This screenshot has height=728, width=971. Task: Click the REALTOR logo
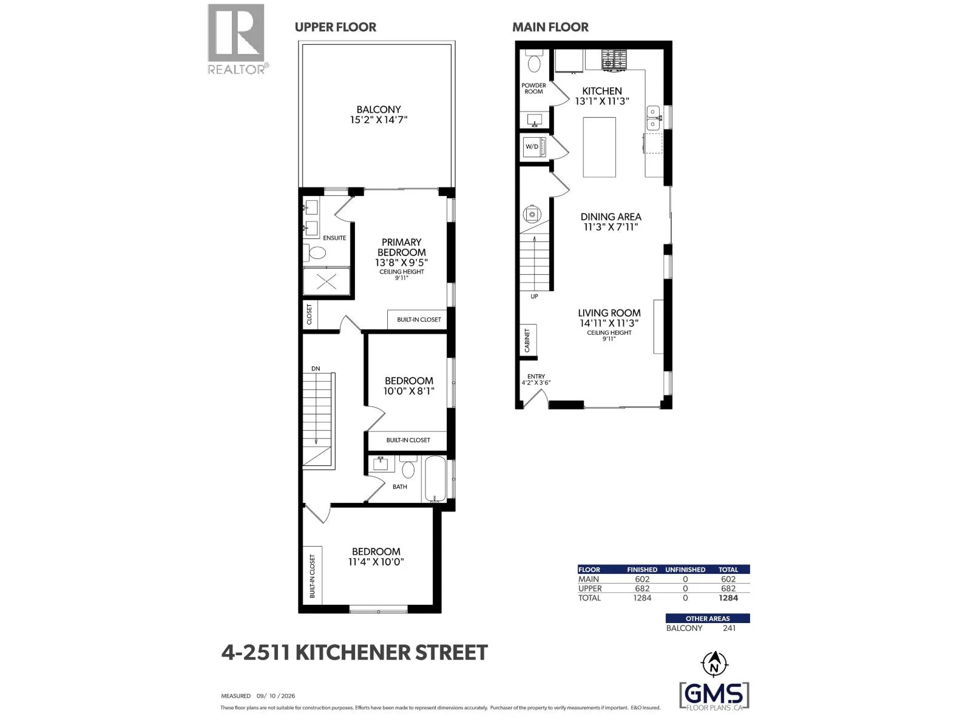click(237, 39)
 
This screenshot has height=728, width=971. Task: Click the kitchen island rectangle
click(600, 147)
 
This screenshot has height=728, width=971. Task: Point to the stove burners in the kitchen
click(614, 59)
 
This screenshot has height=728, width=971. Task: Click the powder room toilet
click(534, 61)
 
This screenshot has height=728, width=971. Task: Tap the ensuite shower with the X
click(326, 281)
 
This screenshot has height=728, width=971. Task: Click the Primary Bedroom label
click(402, 248)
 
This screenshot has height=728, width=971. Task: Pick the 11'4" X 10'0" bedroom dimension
click(376, 562)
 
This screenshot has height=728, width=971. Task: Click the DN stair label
click(316, 369)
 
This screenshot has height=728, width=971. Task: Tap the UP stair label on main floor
click(535, 297)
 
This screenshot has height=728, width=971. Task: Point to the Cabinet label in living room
click(527, 340)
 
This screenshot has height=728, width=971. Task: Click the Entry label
click(536, 377)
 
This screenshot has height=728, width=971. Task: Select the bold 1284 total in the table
click(728, 598)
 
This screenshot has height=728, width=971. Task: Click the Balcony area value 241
click(729, 628)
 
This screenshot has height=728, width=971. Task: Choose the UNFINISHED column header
click(685, 570)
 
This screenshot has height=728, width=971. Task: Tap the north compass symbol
click(714, 664)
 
